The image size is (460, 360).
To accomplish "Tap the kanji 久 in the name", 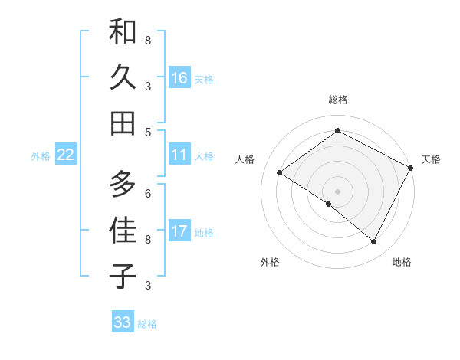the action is pos(123,78).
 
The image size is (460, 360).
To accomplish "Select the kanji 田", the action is pos(123,122).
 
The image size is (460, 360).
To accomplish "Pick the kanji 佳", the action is pos(123,231).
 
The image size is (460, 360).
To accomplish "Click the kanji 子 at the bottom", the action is pos(123,275).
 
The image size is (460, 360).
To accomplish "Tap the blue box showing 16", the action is pos(179,78).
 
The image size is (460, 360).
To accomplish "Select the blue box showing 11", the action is pos(179,155).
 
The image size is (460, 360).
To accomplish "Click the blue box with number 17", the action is pos(179,231).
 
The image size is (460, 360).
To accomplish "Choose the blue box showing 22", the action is pos(66,155).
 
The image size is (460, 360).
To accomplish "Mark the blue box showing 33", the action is pos(123,322).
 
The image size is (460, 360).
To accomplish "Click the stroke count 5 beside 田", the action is pos(148,132).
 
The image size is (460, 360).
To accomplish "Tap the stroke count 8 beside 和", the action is pos(148,40).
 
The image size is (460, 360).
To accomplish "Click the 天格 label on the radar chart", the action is pos(431,159).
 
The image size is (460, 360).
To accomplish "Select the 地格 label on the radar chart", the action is pos(402,262).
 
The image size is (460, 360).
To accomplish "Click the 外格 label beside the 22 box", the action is pos(41,156).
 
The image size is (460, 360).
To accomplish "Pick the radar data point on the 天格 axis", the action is pos(411,167).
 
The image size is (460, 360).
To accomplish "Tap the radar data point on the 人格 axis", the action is pos(280,173).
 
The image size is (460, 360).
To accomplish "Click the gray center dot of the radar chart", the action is pos(337,191).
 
